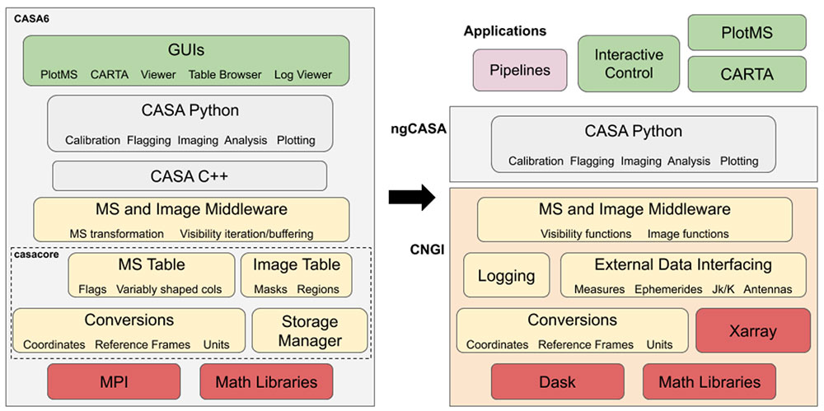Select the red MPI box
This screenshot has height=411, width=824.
(114, 381)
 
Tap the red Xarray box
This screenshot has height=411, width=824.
(752, 331)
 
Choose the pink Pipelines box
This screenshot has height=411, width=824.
(521, 70)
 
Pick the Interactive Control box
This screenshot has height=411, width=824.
(629, 63)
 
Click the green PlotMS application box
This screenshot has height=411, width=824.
(747, 33)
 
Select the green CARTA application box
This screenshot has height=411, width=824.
(747, 74)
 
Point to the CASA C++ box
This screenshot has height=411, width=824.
(190, 175)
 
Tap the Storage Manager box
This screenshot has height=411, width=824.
(310, 331)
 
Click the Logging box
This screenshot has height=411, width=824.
(506, 276)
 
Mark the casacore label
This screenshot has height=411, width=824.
(35, 255)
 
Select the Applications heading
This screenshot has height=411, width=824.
(505, 31)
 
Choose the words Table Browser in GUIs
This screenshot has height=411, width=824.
(225, 74)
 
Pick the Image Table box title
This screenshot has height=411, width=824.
(297, 264)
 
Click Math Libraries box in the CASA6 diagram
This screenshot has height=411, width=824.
(265, 381)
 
